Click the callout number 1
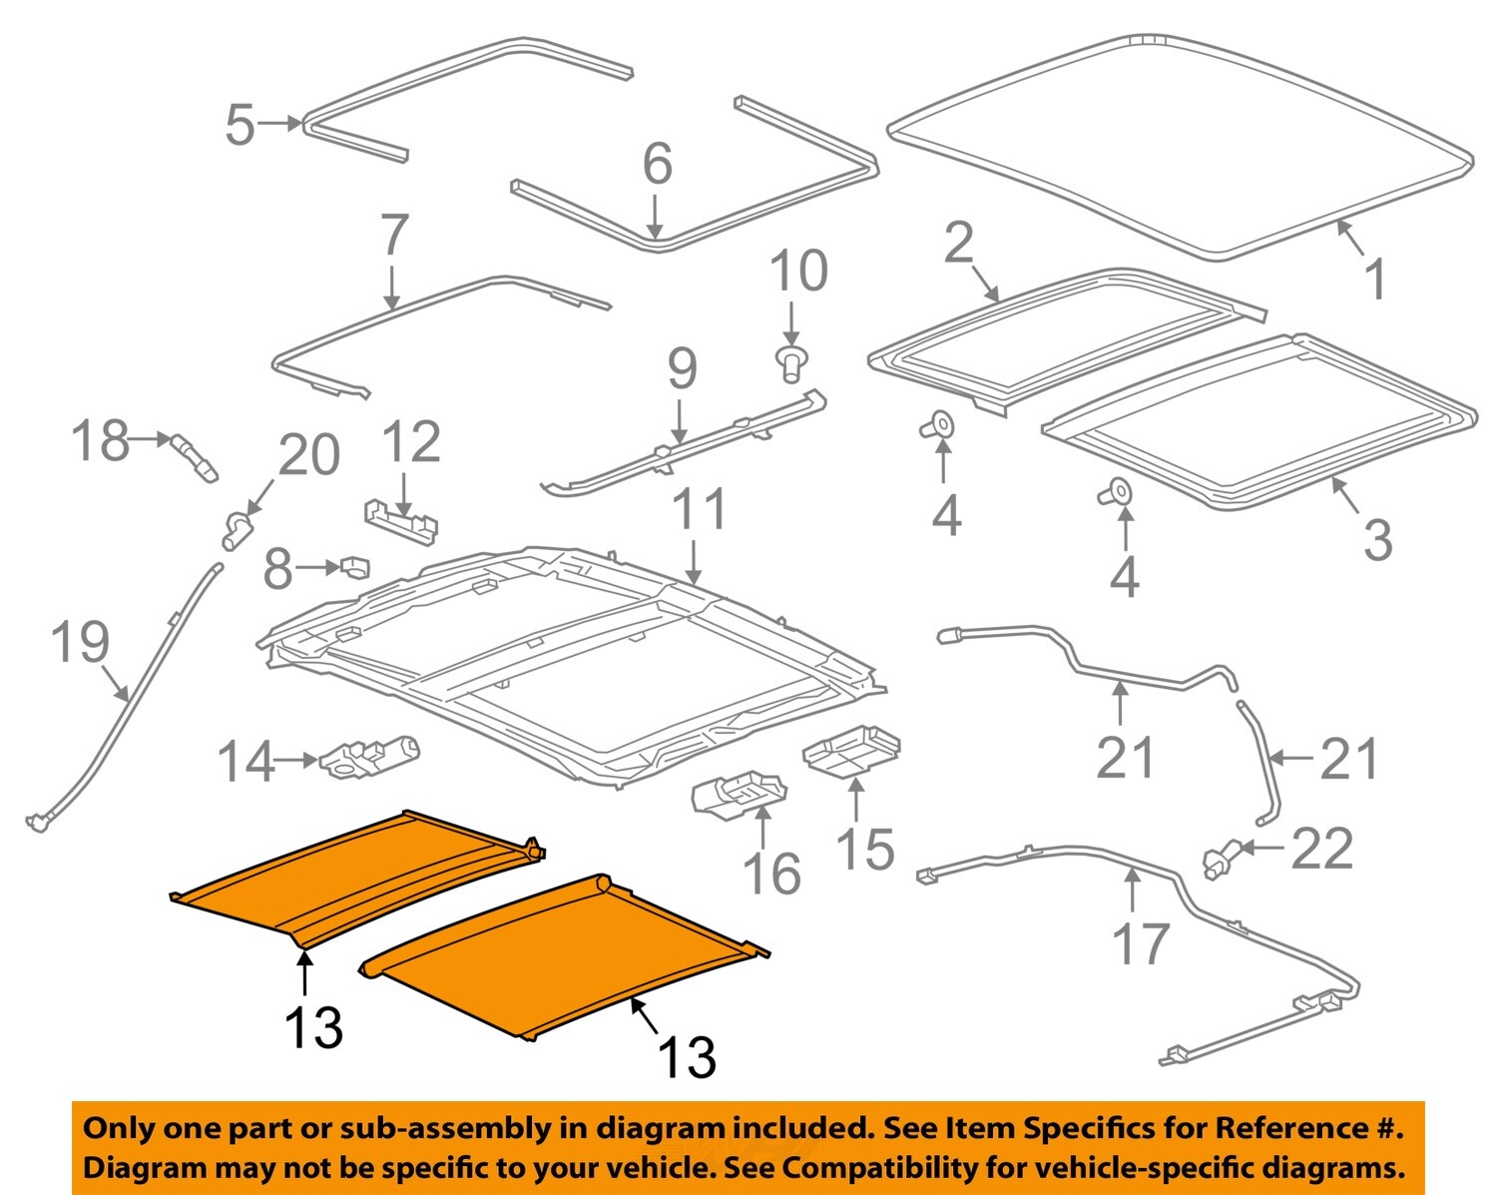pyautogui.click(x=1375, y=280)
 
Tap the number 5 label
pyautogui.click(x=240, y=125)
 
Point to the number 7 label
pyautogui.click(x=394, y=236)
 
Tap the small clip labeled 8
pyautogui.click(x=355, y=567)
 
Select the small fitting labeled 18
pyautogui.click(x=195, y=456)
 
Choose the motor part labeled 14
pyautogui.click(x=369, y=757)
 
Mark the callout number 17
pyautogui.click(x=1140, y=943)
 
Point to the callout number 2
pyautogui.click(x=958, y=243)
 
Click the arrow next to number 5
pyautogui.click(x=280, y=124)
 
